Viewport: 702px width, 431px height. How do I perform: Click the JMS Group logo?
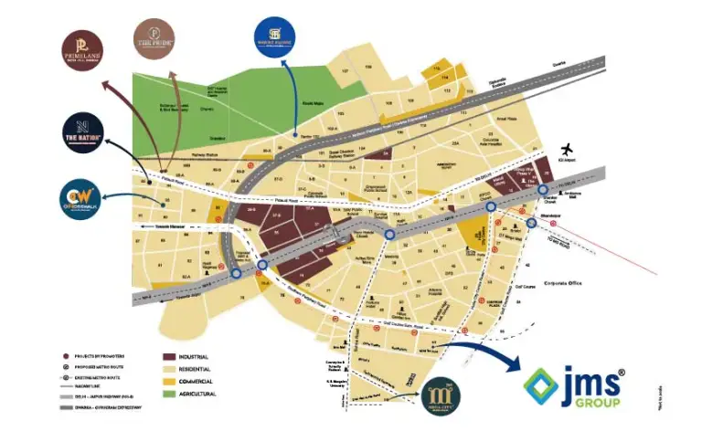tap(577, 385)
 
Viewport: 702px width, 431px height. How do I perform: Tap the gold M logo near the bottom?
tap(437, 394)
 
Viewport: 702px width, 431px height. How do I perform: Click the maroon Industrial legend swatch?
tap(171, 355)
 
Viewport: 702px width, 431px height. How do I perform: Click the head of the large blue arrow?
tap(512, 368)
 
